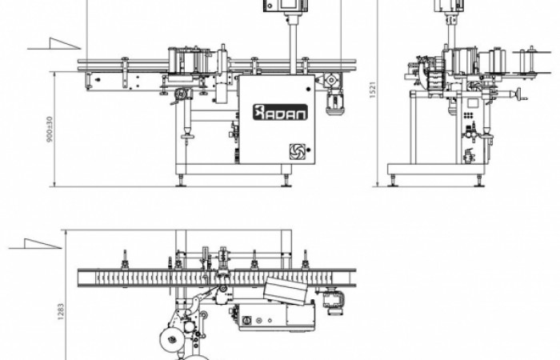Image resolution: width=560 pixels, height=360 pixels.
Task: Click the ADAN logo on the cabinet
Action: click(280, 112)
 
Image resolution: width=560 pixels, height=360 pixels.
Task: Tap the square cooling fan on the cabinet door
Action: click(297, 151)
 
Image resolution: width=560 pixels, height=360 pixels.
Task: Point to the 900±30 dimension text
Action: click(50, 129)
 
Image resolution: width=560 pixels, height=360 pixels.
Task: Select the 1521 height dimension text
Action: click(373, 90)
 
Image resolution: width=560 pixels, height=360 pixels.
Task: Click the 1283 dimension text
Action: click(61, 311)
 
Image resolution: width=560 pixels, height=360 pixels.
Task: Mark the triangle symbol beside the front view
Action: click(54, 43)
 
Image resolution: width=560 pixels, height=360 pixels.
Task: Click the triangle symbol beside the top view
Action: click(35, 243)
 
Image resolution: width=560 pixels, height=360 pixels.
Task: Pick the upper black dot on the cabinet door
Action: click(308, 89)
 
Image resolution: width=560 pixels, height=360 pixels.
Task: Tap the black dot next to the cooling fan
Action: click(308, 150)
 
